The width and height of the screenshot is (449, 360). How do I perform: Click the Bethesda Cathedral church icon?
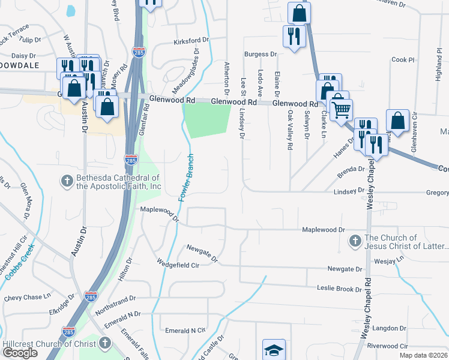pos(66,181)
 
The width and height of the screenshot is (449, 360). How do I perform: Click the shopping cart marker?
pos(341,109)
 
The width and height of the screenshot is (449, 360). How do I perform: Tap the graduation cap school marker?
pos(274,349)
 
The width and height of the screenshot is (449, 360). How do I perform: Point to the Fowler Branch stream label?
pos(187,175)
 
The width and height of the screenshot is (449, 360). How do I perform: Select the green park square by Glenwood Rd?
pos(206,120)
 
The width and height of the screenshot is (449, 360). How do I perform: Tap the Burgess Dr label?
pos(260,54)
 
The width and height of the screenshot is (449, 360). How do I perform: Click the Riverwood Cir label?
pos(387,346)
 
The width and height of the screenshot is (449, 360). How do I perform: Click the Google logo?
pos(20,353)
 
